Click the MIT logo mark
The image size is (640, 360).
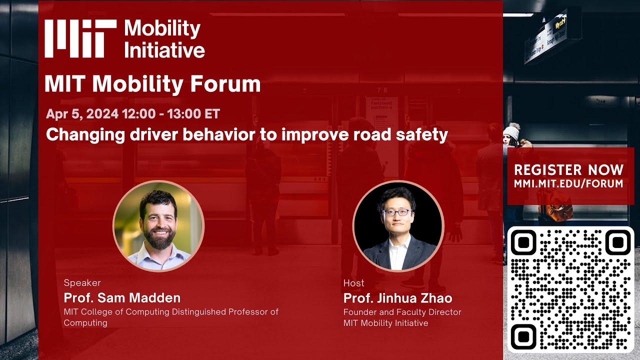[80, 38]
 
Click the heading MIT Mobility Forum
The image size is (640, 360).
[152, 84]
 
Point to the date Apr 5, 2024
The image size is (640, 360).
[82, 114]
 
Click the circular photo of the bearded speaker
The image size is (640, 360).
[158, 226]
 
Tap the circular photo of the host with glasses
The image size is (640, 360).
[398, 226]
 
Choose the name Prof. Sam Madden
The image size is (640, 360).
[122, 298]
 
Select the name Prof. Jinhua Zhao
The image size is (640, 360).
[397, 298]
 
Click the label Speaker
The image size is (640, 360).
[82, 283]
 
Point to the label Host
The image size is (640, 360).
[353, 283]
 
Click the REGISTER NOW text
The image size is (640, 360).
[568, 169]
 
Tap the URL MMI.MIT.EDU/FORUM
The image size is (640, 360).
[568, 183]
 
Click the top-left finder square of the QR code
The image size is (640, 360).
[523, 242]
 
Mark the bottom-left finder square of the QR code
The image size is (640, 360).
[523, 336]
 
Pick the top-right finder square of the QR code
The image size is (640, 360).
[618, 242]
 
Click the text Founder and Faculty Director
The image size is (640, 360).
[402, 312]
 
